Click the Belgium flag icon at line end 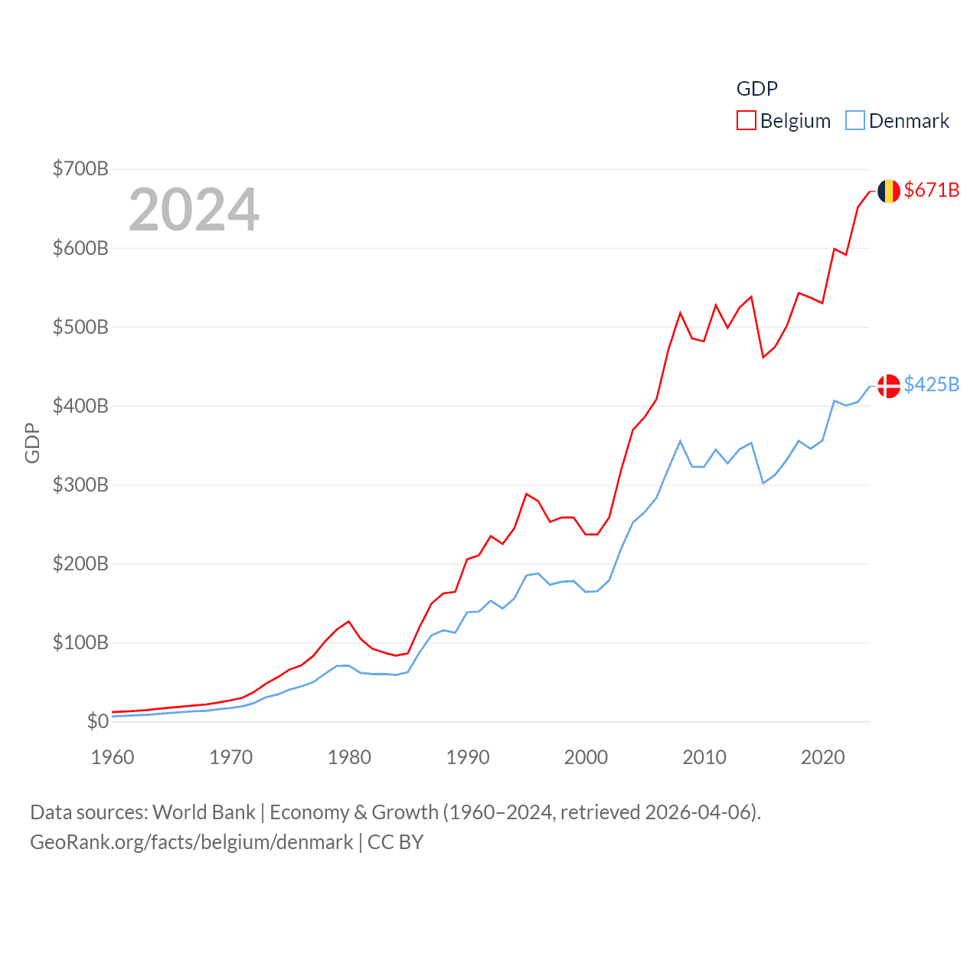tap(888, 191)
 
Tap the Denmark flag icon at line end tap(888, 385)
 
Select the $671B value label tap(931, 190)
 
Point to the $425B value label tap(931, 384)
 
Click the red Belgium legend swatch tap(746, 121)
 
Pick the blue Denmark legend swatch tap(854, 121)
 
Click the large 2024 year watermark tap(194, 210)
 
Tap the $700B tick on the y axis tap(80, 168)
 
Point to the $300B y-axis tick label tap(80, 485)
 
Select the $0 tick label tap(97, 721)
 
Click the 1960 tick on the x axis tap(113, 757)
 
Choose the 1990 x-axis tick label tap(468, 757)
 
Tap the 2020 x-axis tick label tap(822, 757)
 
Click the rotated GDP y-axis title tap(32, 443)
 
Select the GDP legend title tap(756, 89)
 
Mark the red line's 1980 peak tap(348, 621)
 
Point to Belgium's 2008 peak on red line tap(680, 312)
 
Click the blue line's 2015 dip tap(763, 483)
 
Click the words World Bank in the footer tap(204, 812)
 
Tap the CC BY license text tap(395, 842)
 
